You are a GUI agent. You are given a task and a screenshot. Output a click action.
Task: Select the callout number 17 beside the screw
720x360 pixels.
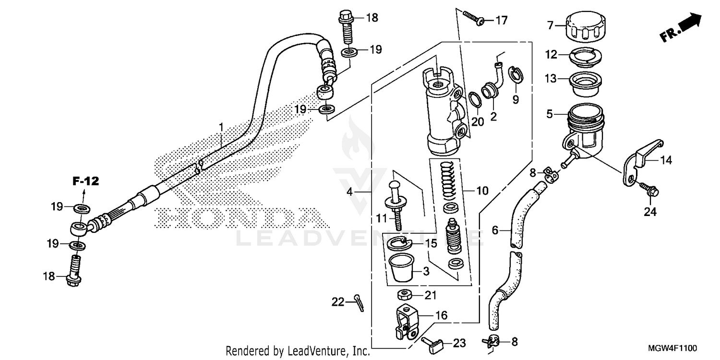(501, 20)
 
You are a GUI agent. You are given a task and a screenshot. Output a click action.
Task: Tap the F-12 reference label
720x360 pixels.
(85, 181)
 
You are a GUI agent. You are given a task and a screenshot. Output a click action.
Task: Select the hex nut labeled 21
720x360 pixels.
(404, 294)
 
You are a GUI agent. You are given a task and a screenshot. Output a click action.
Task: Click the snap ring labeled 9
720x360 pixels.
(515, 75)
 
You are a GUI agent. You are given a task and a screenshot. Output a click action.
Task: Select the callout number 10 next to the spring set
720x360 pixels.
(482, 191)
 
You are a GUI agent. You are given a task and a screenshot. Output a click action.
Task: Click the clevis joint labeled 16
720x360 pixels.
(406, 323)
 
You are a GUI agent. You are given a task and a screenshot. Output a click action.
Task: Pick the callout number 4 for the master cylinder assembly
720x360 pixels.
(350, 192)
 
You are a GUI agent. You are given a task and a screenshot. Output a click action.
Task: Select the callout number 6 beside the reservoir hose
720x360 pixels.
(495, 231)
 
